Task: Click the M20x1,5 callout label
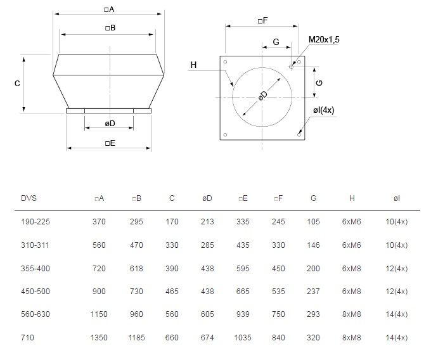tap(324, 39)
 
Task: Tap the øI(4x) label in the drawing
tap(323, 110)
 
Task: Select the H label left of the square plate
tap(193, 65)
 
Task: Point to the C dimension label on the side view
tap(17, 83)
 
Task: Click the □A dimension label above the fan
tap(109, 10)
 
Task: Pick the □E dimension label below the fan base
tap(110, 143)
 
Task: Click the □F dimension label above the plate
tap(263, 21)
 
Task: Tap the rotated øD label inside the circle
tap(263, 95)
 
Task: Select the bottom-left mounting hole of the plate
tap(225, 134)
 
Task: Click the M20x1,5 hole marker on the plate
tap(291, 67)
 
